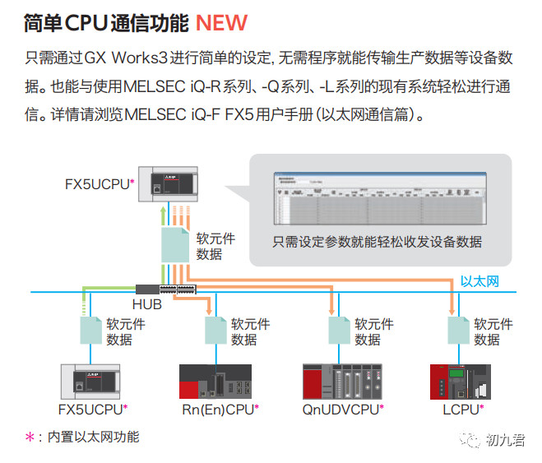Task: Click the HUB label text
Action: pyautogui.click(x=147, y=304)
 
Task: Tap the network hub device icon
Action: pyautogui.click(x=176, y=289)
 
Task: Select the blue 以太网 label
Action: pyautogui.click(x=479, y=282)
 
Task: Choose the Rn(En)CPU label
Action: pyautogui.click(x=217, y=408)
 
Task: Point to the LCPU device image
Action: pyautogui.click(x=459, y=381)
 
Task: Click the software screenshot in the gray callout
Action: pyautogui.click(x=381, y=200)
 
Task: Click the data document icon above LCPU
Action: pyautogui.click(x=459, y=331)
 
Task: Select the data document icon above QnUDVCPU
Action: pyautogui.click(x=339, y=331)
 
